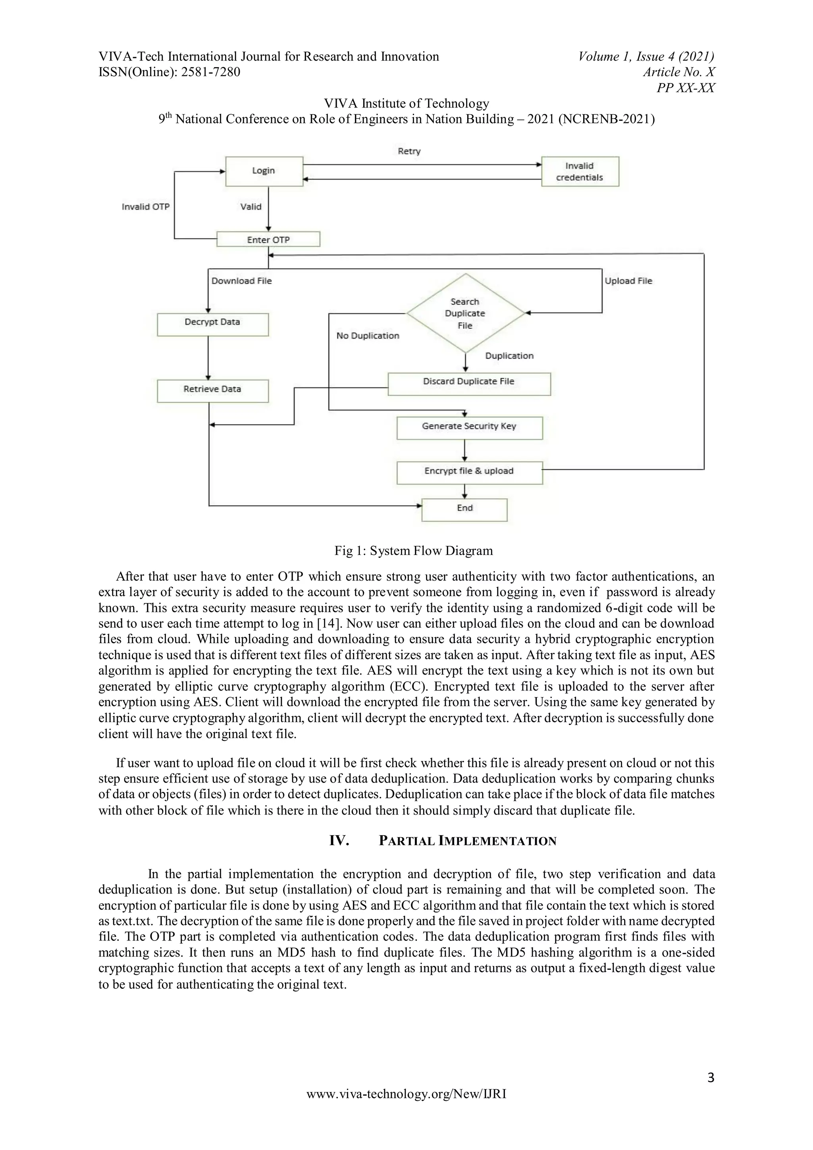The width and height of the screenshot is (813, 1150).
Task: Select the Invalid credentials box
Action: (580, 171)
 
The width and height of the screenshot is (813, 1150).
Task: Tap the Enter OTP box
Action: (268, 239)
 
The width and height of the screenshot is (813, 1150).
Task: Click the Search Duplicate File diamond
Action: (465, 313)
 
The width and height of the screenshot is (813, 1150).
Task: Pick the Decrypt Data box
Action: (212, 323)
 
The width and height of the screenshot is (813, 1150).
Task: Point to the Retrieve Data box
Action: (212, 390)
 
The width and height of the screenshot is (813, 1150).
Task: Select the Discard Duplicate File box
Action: (469, 383)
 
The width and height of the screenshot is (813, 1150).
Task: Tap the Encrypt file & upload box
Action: (469, 472)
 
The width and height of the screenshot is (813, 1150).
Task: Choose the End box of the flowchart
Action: (464, 509)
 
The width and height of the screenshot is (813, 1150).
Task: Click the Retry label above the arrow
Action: (409, 151)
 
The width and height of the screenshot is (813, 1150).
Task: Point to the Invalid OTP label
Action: (146, 207)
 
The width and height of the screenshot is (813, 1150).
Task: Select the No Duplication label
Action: (368, 336)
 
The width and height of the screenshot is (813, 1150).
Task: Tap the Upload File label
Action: (628, 281)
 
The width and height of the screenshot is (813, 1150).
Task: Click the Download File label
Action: (241, 281)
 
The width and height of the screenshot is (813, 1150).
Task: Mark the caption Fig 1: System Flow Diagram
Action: (413, 551)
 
